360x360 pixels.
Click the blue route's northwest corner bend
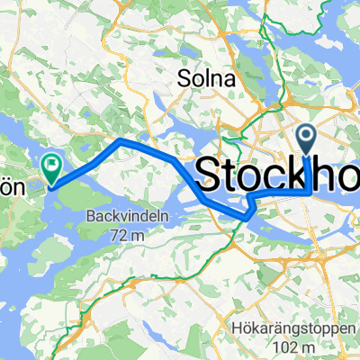121,142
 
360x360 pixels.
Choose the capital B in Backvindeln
92,216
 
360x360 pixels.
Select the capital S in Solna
184,78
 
